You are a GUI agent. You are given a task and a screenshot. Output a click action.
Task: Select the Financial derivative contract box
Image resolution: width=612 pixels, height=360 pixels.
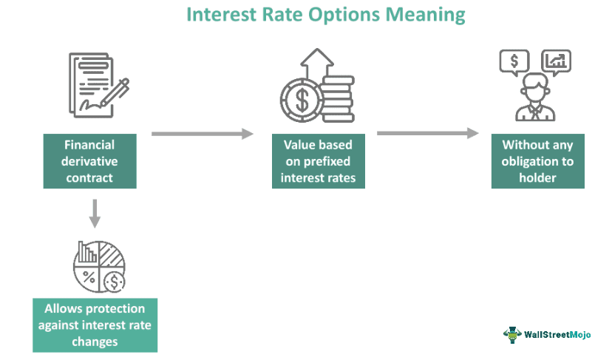pos(89,161)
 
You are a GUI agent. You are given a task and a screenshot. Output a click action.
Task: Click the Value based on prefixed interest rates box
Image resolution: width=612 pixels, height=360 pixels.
pos(318,161)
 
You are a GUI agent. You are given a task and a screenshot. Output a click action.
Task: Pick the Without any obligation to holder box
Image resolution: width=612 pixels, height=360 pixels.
pos(537,161)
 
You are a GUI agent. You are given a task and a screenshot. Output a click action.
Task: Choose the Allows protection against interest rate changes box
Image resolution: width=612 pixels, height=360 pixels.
pos(95,325)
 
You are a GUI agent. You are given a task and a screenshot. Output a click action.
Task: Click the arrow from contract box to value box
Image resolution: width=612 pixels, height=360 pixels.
pos(202,134)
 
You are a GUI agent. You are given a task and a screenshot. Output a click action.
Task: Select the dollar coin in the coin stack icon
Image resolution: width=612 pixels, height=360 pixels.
pos(301,100)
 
